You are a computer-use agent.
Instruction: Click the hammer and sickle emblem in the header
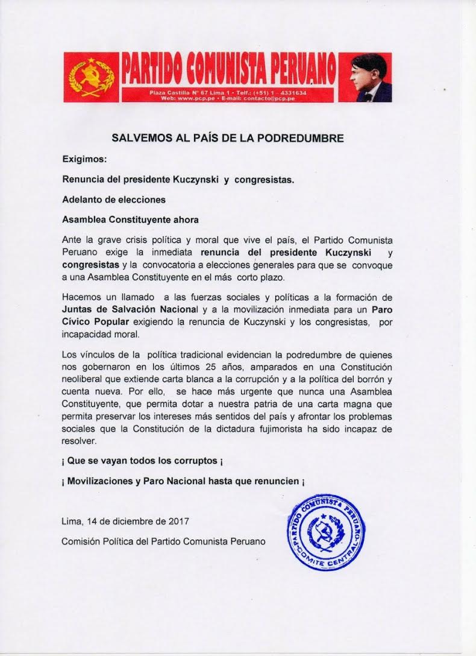click(x=92, y=77)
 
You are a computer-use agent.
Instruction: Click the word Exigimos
click(x=84, y=160)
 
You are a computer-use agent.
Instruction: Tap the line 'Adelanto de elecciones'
click(x=114, y=199)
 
